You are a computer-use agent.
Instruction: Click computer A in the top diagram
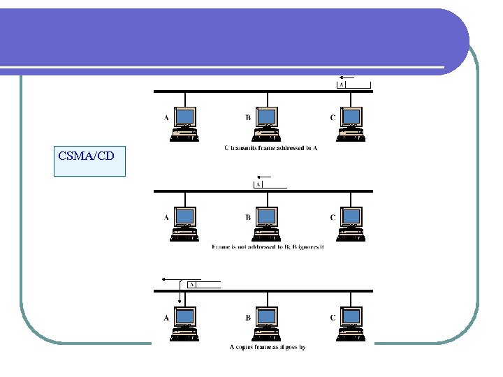click(x=185, y=124)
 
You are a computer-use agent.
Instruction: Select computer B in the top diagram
click(x=267, y=124)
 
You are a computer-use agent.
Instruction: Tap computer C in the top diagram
click(x=350, y=124)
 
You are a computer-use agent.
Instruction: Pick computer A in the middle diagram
click(x=185, y=224)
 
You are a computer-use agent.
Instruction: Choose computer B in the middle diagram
click(x=267, y=224)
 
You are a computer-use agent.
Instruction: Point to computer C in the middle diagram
click(x=350, y=224)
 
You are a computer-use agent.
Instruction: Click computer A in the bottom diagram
click(x=185, y=324)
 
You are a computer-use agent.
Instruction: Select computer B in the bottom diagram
click(x=267, y=324)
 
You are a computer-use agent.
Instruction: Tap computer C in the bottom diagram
click(x=350, y=324)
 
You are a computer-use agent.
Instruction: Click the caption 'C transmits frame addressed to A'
click(x=270, y=148)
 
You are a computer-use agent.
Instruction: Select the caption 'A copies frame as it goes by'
click(x=268, y=347)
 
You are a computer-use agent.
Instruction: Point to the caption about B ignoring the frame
click(x=268, y=247)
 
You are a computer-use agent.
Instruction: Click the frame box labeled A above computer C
click(x=342, y=85)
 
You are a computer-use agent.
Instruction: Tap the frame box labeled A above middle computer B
click(x=258, y=185)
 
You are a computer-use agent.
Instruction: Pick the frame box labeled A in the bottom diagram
click(x=191, y=285)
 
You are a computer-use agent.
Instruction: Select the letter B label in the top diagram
click(x=248, y=117)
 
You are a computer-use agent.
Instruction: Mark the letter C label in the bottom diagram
click(x=333, y=317)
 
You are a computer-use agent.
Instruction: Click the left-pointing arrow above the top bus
click(x=345, y=77)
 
